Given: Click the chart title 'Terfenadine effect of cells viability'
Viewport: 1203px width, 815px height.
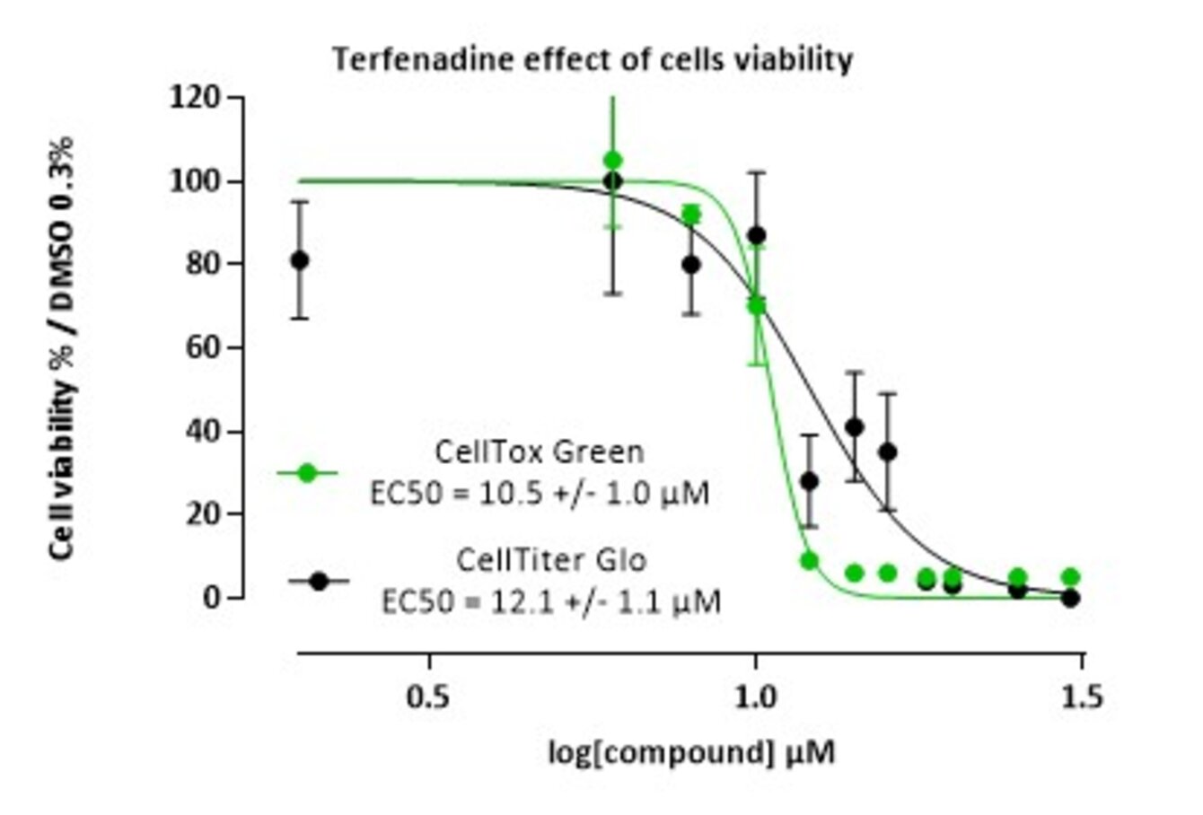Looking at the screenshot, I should [x=593, y=59].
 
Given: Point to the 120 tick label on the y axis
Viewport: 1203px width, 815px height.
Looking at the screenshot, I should [x=195, y=97].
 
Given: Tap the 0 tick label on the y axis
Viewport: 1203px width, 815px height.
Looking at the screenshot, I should [x=212, y=597].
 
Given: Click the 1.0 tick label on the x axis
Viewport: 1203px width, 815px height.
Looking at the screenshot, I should [x=755, y=697].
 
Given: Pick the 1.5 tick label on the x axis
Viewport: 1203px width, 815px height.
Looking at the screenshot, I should [x=1082, y=697].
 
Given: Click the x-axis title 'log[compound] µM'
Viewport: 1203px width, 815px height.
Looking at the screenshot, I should [x=691, y=752].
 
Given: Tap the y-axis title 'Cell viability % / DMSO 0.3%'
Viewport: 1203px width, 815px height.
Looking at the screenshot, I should [x=62, y=348].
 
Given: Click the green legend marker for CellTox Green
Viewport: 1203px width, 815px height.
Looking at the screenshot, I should [x=307, y=472].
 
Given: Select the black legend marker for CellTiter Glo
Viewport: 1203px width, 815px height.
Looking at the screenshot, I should [x=318, y=581].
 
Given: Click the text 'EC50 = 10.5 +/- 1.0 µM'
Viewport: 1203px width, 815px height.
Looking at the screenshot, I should [x=540, y=493].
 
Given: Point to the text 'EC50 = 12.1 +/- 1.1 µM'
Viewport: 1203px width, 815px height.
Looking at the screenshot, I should [x=550, y=600].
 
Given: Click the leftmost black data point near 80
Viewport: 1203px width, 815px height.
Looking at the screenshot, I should [x=300, y=260].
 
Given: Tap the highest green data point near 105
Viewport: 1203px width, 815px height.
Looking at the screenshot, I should [x=613, y=161].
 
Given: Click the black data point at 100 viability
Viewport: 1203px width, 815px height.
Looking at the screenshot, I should [x=613, y=180].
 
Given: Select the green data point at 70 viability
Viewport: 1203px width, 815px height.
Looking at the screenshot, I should [x=757, y=305].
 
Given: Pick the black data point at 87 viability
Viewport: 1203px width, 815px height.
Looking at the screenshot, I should [x=757, y=235].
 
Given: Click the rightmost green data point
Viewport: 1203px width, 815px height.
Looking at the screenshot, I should [x=1070, y=576].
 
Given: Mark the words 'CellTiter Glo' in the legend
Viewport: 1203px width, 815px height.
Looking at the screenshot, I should [x=550, y=560].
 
